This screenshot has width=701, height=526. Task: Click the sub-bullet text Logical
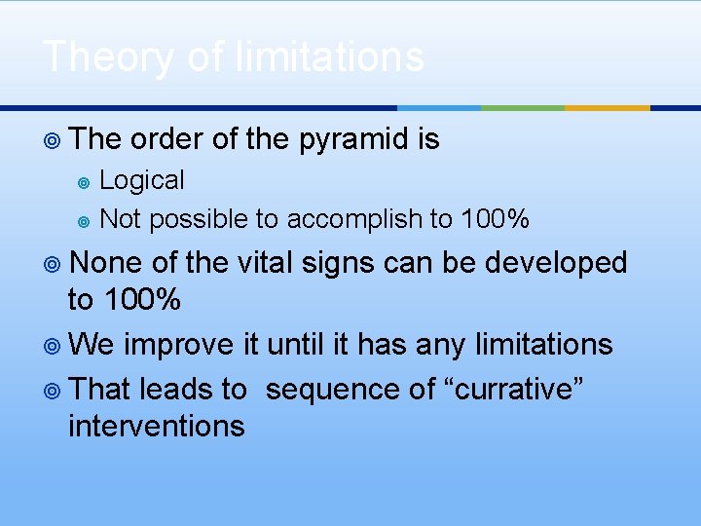[142, 180]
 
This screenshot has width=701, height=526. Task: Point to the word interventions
[156, 426]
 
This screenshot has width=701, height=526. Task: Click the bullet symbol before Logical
[83, 182]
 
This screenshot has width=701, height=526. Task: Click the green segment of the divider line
[523, 108]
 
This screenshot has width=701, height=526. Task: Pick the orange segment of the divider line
[607, 108]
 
